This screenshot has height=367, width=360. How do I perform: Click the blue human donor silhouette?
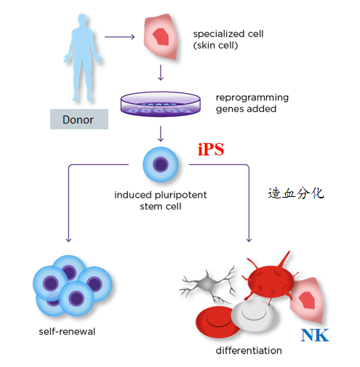click(82, 58)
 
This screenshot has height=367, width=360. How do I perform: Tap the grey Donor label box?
click(79, 119)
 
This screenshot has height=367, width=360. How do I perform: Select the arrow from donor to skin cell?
click(119, 37)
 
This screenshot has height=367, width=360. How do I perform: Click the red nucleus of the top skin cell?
click(161, 37)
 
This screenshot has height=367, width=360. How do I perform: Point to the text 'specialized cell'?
click(228, 34)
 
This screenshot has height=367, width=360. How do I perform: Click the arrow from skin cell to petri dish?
click(161, 73)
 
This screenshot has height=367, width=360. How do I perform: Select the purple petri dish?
click(161, 104)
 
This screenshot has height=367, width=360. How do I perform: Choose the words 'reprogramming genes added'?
click(252, 103)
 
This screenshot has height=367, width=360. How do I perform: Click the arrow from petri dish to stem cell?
click(161, 134)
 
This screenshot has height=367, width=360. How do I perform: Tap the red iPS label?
click(211, 149)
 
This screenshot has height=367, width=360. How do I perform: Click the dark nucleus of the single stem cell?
click(161, 164)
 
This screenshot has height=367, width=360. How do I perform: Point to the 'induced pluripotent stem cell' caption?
click(161, 201)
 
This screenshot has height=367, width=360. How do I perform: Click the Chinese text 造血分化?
click(296, 193)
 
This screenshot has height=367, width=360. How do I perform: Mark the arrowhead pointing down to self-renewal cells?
click(68, 240)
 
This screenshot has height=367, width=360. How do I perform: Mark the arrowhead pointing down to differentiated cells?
click(249, 240)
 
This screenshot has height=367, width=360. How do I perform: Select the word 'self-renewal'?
click(67, 331)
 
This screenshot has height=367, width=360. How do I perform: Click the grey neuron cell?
click(207, 284)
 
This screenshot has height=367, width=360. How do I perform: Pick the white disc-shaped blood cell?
click(254, 312)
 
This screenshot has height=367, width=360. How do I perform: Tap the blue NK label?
click(315, 335)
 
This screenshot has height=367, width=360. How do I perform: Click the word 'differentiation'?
click(249, 350)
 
